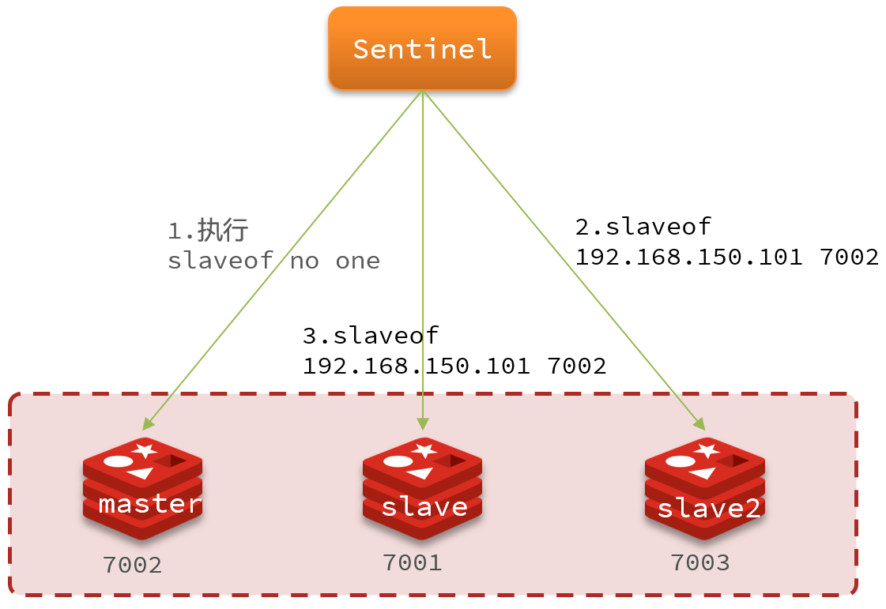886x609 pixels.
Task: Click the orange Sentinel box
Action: (x=422, y=48)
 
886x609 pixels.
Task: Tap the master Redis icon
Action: (x=142, y=488)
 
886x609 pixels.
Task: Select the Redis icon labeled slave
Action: (x=423, y=488)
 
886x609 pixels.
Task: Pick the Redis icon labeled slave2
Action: (x=704, y=488)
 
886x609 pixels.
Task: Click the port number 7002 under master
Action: (x=132, y=566)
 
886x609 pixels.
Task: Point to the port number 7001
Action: (x=412, y=562)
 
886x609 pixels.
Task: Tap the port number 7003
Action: (x=700, y=562)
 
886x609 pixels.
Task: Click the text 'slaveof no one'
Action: (x=273, y=261)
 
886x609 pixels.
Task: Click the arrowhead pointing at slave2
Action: (x=699, y=423)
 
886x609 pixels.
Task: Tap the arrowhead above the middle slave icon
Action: (x=423, y=423)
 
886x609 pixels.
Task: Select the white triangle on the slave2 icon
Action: (x=701, y=472)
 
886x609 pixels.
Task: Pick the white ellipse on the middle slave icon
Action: (x=398, y=461)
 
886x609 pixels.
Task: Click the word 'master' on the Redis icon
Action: (x=150, y=503)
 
